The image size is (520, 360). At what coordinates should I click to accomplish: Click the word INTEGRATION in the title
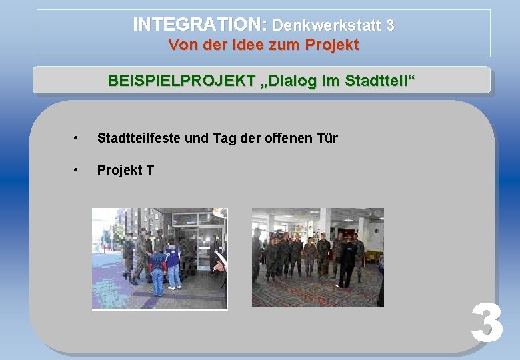pos(199,25)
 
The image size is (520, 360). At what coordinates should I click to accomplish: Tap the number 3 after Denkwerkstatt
pos(389,25)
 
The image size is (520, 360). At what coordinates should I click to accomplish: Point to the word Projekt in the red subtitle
pos(333,45)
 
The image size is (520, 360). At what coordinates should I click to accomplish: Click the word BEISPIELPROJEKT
pos(181,81)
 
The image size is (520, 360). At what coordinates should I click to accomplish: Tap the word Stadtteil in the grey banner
pos(377,81)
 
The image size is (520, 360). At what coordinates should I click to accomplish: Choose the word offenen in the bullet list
pos(287,138)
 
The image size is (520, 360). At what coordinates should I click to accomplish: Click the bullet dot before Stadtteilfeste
pos(78,139)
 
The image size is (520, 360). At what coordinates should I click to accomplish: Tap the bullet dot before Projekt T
pos(78,171)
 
